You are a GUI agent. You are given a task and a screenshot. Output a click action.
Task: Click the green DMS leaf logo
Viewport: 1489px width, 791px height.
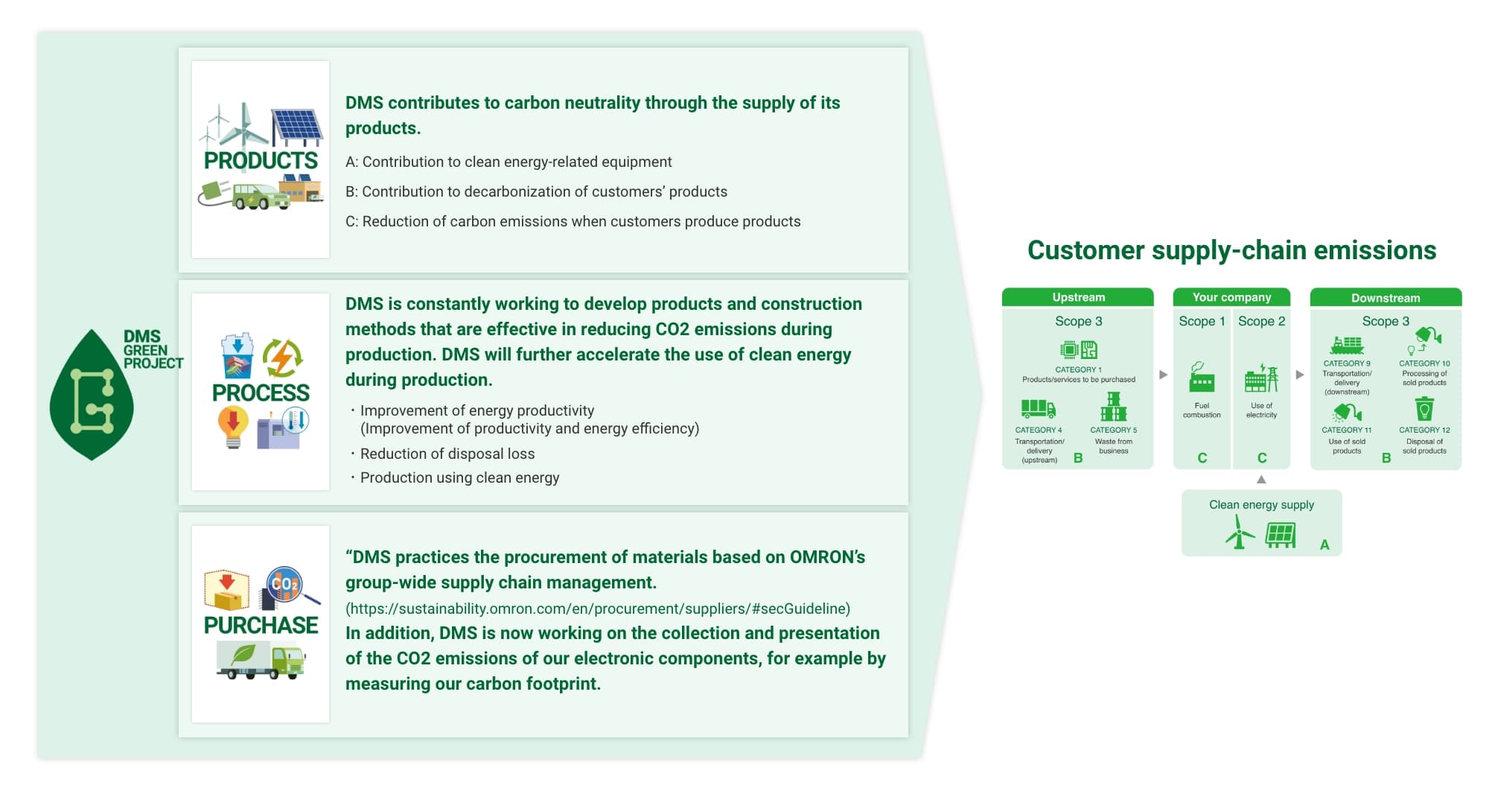tap(92, 395)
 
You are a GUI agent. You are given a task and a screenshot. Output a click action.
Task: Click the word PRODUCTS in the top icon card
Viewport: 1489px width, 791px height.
tap(261, 160)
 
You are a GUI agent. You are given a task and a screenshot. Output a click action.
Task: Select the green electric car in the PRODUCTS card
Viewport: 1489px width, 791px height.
tap(257, 197)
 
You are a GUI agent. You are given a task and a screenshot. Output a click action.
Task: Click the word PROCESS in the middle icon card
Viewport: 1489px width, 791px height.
tap(261, 393)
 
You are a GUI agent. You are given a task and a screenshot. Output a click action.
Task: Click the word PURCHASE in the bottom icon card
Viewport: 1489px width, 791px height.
tap(261, 625)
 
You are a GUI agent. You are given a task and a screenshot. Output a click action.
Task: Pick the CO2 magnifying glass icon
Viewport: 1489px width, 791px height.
tap(287, 586)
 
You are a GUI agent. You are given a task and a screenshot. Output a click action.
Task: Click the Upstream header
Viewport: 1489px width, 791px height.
tap(1078, 297)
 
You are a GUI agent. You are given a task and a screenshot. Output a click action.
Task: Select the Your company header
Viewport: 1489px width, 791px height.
tap(1231, 297)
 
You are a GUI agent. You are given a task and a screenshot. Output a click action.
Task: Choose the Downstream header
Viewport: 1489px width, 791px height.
tap(1386, 298)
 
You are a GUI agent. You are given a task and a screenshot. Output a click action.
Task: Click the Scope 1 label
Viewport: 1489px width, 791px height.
tap(1202, 321)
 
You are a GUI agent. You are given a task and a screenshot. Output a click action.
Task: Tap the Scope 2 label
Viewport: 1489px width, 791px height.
tap(1261, 321)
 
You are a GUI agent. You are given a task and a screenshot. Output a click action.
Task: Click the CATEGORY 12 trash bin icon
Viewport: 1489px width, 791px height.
tap(1424, 409)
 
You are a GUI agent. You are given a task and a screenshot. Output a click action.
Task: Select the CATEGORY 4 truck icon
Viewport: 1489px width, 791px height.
tap(1038, 408)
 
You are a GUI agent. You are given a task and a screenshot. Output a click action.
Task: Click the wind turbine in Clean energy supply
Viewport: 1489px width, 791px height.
tap(1239, 533)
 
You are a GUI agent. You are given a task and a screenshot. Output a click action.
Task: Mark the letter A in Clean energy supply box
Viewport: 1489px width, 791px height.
tap(1324, 544)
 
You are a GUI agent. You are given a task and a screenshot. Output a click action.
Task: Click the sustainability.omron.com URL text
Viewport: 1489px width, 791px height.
tap(598, 609)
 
